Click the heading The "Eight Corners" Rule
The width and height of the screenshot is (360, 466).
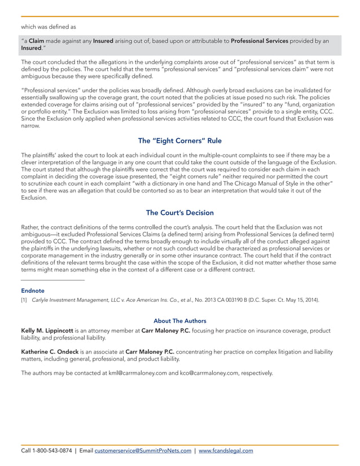tap(179, 141)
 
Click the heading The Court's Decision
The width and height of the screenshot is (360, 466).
tap(179, 213)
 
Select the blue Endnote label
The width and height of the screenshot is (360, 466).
tap(32, 291)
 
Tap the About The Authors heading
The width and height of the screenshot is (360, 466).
tap(179, 320)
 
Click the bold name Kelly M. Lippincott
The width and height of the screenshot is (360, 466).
tap(46, 330)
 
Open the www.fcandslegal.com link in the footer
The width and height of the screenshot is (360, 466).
tap(226, 451)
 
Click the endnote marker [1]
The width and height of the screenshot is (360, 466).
tap(24, 300)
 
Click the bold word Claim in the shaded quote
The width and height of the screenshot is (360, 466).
tap(37, 41)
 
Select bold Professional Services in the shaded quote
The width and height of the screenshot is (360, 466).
tap(260, 41)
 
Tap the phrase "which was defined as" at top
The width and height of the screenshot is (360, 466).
tap(48, 26)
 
